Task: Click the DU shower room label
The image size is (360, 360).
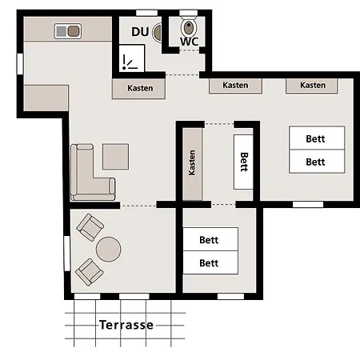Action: (140, 32)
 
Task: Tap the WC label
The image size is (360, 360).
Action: (189, 42)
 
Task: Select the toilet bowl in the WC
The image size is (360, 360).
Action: (189, 26)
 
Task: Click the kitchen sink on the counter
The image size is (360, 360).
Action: (68, 31)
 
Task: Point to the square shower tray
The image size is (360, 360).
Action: (132, 58)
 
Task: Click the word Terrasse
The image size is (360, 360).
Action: (126, 325)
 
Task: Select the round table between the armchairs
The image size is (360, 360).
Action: (108, 250)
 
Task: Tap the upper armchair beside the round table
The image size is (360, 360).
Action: (90, 227)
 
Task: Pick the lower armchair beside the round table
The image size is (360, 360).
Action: (90, 272)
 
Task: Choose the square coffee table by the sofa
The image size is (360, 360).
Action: (116, 157)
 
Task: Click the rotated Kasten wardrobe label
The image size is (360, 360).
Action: (192, 162)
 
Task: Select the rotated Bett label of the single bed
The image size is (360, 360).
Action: (244, 162)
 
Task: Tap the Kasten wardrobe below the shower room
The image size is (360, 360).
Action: (138, 89)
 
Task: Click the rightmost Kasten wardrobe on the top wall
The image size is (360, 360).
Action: (312, 86)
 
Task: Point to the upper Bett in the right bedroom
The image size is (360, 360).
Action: (317, 138)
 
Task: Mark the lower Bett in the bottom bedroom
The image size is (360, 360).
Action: (210, 262)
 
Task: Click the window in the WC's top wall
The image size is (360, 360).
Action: (188, 13)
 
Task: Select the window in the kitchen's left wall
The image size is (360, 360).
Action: (20, 64)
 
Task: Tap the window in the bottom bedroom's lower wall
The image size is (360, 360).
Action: (230, 296)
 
